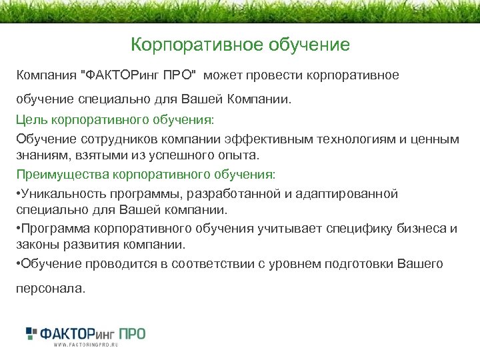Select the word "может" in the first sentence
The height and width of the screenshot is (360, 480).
[230, 75]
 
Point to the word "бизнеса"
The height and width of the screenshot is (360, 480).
[419, 229]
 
